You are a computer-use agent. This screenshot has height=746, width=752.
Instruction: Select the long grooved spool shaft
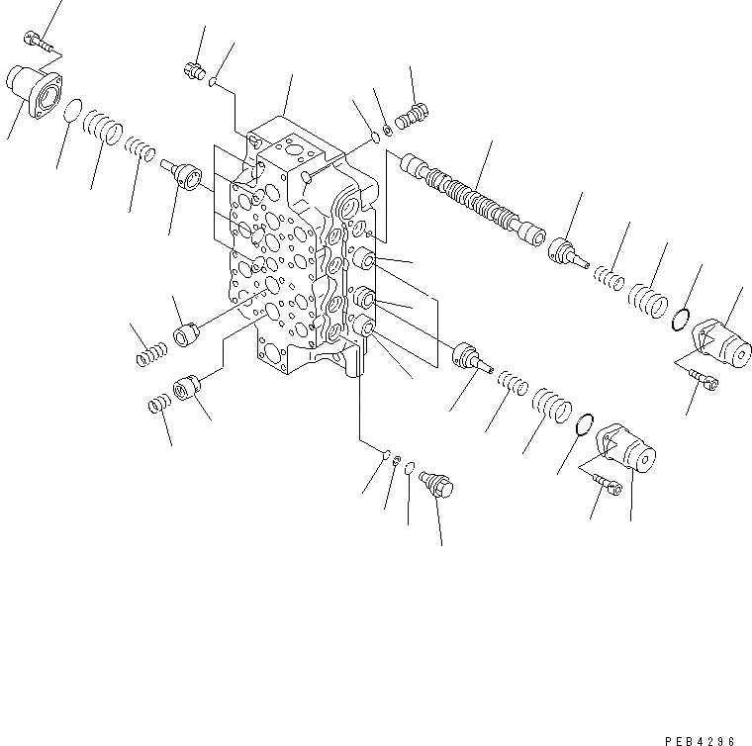(x=469, y=197)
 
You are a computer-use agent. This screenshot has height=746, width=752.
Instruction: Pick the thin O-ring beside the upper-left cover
(x=72, y=112)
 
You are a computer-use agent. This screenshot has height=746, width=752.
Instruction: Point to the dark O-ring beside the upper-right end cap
(x=680, y=319)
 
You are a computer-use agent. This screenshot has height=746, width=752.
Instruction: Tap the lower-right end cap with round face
(x=627, y=449)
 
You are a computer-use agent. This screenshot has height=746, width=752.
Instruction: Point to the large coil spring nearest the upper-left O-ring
(x=103, y=128)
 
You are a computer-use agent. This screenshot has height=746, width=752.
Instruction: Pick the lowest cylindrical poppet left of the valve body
(x=187, y=389)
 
